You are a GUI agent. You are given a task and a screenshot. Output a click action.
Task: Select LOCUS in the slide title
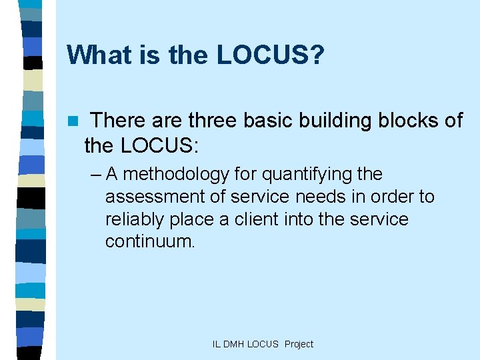click(x=263, y=55)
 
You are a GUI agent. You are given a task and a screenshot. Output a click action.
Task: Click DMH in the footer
click(x=233, y=344)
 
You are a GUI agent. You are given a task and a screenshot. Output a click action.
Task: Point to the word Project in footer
click(x=299, y=344)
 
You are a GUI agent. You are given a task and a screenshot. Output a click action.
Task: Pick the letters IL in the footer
click(x=216, y=344)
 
